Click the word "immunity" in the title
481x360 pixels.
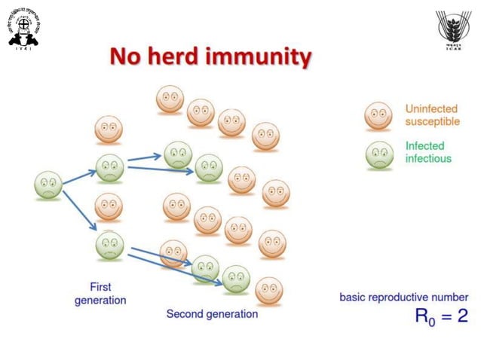(261, 56)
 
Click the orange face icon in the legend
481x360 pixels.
(378, 116)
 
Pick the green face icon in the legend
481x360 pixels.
(378, 154)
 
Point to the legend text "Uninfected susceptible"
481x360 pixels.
(432, 115)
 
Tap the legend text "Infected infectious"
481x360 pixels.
(428, 152)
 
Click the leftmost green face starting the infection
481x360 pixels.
(48, 185)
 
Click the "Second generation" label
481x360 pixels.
(212, 314)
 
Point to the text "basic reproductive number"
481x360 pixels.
(403, 297)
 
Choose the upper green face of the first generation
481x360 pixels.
(109, 167)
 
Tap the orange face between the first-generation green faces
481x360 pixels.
(109, 206)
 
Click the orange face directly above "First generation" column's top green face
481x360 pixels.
(109, 129)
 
